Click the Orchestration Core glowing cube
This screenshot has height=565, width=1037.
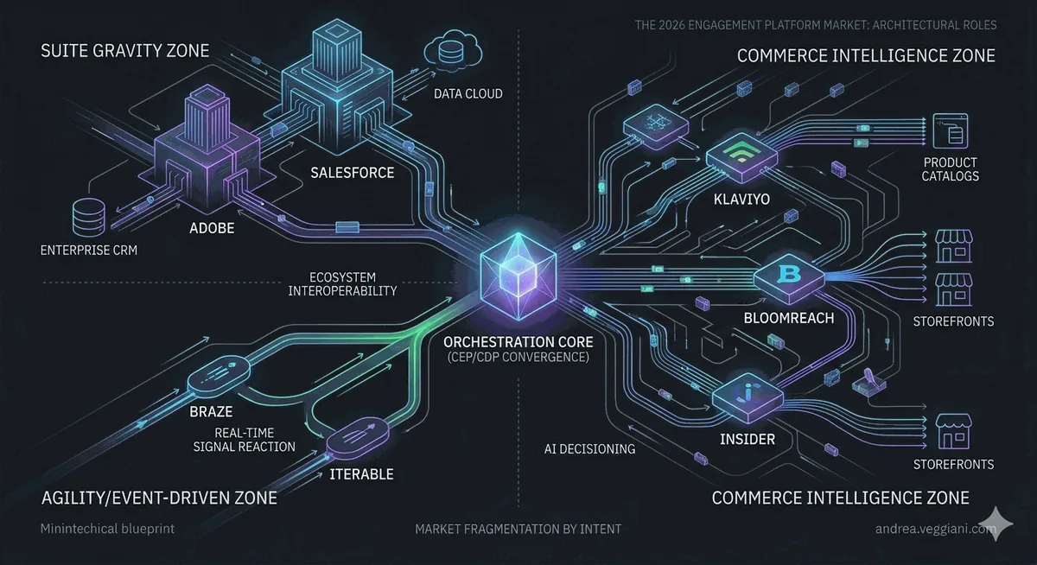pos(518,276)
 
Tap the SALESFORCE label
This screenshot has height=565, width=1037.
pos(353,173)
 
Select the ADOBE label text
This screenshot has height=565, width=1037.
pos(212,228)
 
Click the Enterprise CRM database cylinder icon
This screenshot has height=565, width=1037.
pos(89,217)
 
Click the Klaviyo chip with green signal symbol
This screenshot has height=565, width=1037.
pos(741,157)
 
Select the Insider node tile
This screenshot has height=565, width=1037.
pos(748,397)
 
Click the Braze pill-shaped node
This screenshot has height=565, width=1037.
pos(219,376)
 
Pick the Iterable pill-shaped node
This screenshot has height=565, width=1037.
pos(358,437)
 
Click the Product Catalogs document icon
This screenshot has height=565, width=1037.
pos(950,131)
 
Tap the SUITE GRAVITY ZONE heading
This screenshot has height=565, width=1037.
pos(125,50)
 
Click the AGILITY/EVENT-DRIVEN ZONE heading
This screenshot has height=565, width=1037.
pos(159,498)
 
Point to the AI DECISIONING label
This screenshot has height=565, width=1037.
pos(589,448)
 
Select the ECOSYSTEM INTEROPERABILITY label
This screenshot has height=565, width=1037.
pos(342,283)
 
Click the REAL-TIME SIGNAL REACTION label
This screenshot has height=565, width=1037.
pos(244,440)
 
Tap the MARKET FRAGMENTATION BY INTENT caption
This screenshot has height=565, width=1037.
pos(518,529)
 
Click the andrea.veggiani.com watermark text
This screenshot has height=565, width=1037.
pos(935,529)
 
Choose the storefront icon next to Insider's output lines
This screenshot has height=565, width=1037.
pos(953,431)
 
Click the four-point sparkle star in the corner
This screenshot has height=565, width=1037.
pos(996,524)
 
